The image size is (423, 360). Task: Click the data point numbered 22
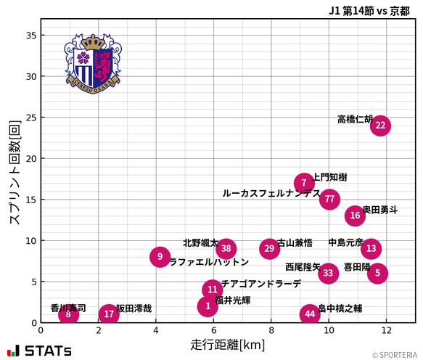(x=380, y=126)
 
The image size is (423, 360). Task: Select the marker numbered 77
(x=330, y=199)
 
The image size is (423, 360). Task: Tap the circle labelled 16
(x=354, y=216)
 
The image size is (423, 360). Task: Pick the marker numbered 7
(x=304, y=183)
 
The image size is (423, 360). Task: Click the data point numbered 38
(x=226, y=249)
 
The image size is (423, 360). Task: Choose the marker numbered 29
(x=270, y=249)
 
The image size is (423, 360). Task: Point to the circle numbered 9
(x=160, y=257)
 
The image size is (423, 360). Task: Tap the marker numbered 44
(x=310, y=314)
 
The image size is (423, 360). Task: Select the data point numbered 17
(x=109, y=314)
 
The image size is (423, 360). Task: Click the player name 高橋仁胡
(x=355, y=119)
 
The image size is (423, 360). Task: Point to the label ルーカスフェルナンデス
(x=271, y=194)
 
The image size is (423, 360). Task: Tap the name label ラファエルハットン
(x=209, y=263)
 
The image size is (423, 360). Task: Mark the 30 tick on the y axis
(x=31, y=76)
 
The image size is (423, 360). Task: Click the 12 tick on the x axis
(x=387, y=330)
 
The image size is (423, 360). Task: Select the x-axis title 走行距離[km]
(x=228, y=344)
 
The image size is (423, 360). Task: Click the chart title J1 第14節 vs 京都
(x=369, y=10)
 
